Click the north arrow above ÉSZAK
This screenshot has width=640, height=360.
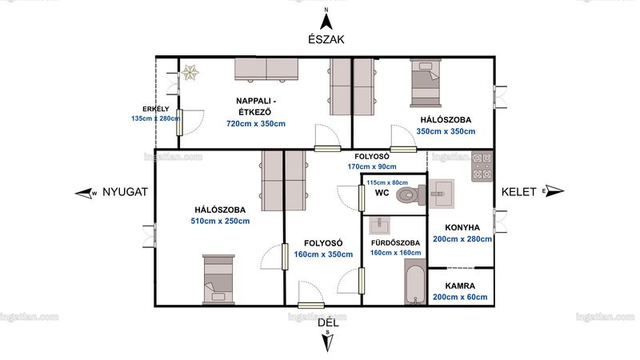click(326, 22)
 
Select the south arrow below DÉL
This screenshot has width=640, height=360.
click(328, 342)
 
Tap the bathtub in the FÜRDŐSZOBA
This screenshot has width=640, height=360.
click(415, 282)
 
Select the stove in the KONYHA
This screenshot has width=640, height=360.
click(482, 166)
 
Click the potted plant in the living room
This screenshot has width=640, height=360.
click(190, 73)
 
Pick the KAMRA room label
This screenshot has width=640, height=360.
click(460, 286)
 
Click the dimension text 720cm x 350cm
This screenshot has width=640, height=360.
click(256, 124)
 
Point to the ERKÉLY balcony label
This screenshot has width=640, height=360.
click(155, 109)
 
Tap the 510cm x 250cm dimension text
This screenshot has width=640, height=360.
click(221, 222)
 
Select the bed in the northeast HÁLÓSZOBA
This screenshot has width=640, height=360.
click(426, 83)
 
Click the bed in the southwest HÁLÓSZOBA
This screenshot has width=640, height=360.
click(218, 280)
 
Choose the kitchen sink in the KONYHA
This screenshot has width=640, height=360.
click(442, 194)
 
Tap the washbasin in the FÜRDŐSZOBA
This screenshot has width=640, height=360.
click(379, 226)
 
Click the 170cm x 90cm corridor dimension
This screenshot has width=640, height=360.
click(372, 166)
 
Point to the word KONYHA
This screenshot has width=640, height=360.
click(462, 227)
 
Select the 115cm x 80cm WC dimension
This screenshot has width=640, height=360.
click(387, 182)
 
